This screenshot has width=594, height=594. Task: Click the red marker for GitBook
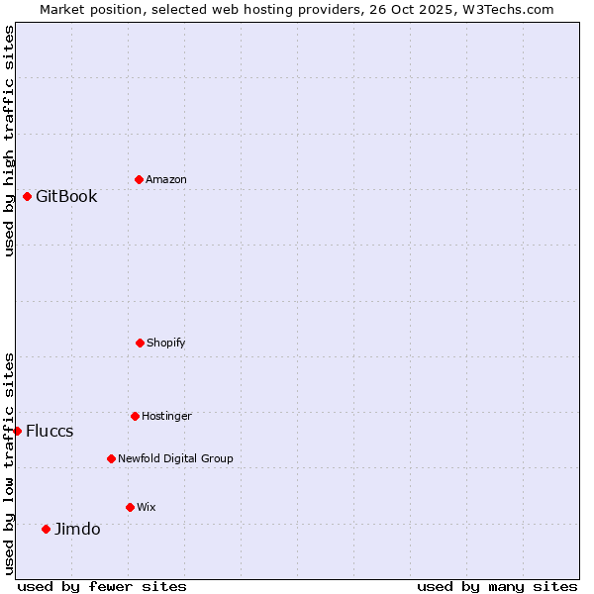pos(27,196)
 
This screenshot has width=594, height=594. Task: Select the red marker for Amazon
pos(139,179)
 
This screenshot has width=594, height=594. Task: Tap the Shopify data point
pos(140,343)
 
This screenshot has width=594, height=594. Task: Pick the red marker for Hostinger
pos(135,416)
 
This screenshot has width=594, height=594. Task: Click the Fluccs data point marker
pos(17,431)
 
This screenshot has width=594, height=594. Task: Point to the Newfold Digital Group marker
pos(111,458)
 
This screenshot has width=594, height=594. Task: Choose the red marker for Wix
pos(130,507)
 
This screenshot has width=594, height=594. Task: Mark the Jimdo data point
pos(46,529)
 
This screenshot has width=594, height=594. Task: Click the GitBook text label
pos(66,196)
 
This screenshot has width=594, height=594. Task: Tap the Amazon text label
pos(166,179)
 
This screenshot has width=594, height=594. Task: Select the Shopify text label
pos(166,343)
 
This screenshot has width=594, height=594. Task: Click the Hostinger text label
pos(166,416)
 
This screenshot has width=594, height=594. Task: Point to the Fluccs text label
pos(49,431)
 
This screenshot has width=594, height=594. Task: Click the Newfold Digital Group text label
pos(175,458)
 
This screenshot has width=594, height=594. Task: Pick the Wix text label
pos(147,507)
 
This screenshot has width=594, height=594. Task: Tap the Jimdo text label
pos(77,529)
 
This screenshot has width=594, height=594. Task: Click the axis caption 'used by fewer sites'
pos(102,586)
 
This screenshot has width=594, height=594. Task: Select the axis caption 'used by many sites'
pos(497,586)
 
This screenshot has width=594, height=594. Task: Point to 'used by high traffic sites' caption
pos(9,141)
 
